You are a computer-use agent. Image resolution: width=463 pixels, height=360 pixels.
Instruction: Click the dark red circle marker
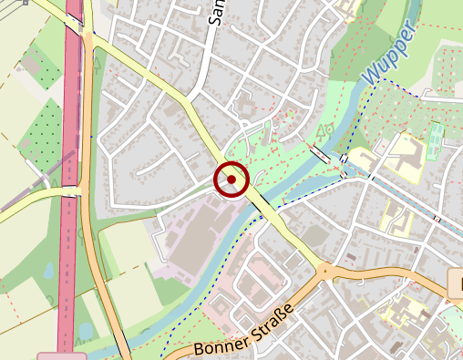231,180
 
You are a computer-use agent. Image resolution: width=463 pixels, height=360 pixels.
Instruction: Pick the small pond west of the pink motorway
47,271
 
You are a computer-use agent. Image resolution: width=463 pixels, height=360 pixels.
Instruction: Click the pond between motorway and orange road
85,330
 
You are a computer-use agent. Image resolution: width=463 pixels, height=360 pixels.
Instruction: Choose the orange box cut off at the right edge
457,283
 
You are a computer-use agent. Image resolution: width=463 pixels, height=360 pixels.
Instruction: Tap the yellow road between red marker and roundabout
283,228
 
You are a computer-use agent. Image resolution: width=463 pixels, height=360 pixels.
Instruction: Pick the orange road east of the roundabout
392,277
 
